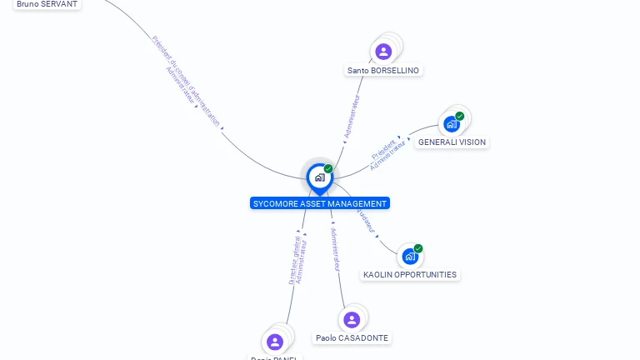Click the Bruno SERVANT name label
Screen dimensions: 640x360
click(x=47, y=4)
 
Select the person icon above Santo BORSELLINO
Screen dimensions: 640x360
click(x=383, y=52)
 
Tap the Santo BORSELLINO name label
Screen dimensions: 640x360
click(x=383, y=71)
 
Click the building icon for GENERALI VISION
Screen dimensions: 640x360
click(x=452, y=124)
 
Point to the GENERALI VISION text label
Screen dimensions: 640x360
click(x=452, y=142)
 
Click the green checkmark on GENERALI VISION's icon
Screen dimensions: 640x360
click(x=460, y=116)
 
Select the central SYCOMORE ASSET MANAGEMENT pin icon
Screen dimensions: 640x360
click(x=319, y=177)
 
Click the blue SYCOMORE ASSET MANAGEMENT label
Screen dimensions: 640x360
click(x=320, y=203)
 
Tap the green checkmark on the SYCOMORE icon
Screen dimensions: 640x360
click(x=328, y=168)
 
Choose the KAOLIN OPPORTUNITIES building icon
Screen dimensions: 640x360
click(x=409, y=257)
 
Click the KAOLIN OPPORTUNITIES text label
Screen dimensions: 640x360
click(x=410, y=275)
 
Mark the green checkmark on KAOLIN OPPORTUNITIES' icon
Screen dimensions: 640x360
click(x=418, y=248)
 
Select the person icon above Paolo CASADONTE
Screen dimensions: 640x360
click(x=352, y=319)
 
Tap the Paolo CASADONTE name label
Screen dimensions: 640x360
click(x=352, y=338)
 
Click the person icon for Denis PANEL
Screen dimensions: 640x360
click(x=275, y=342)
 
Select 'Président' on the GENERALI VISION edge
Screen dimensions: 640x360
click(x=383, y=150)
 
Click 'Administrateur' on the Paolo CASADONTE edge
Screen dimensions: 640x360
click(x=336, y=250)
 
